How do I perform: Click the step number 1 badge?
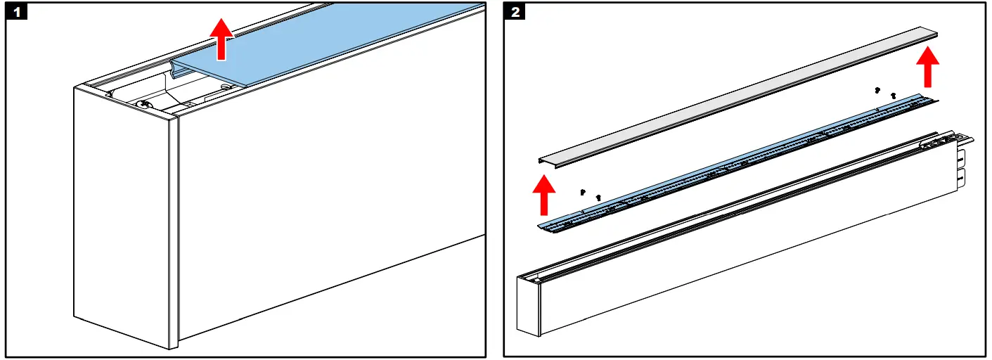click(x=15, y=13)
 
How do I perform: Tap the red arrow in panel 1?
click(x=222, y=40)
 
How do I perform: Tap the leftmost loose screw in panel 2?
click(x=582, y=191)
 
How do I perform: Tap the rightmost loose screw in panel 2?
click(x=893, y=94)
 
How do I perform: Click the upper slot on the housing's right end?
click(x=960, y=159)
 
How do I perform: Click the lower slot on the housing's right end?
click(x=960, y=180)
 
